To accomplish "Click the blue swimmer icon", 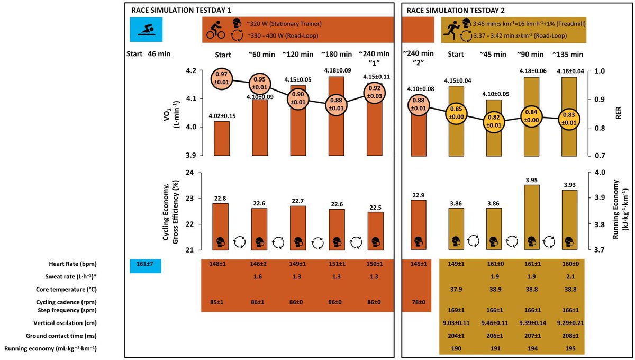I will click(x=145, y=30).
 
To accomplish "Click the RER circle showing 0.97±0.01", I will click(x=222, y=80).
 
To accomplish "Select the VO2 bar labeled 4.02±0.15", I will click(x=222, y=138).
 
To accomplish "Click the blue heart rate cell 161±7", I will click(x=145, y=264).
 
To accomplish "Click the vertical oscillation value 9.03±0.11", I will click(x=455, y=323).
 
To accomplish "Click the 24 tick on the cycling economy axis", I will click(x=191, y=173).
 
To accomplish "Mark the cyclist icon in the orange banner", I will click(x=215, y=30).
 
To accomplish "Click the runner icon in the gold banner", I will click(x=452, y=30).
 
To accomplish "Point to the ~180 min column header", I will click(x=337, y=54).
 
